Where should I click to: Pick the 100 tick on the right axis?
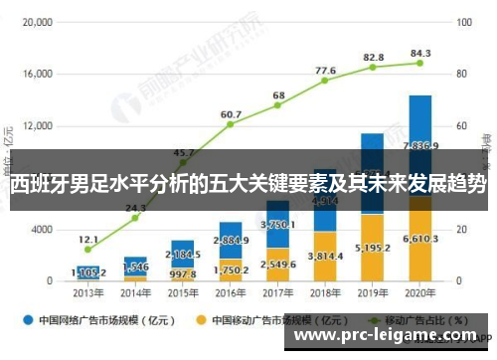(x=463, y=21)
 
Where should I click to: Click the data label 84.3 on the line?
(x=420, y=53)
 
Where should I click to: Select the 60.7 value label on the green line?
(x=231, y=114)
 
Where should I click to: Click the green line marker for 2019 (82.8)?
(x=373, y=67)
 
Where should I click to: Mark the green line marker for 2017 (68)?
(x=278, y=105)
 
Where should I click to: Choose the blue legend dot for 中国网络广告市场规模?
(x=29, y=320)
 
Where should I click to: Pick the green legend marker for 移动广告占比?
(x=364, y=320)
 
